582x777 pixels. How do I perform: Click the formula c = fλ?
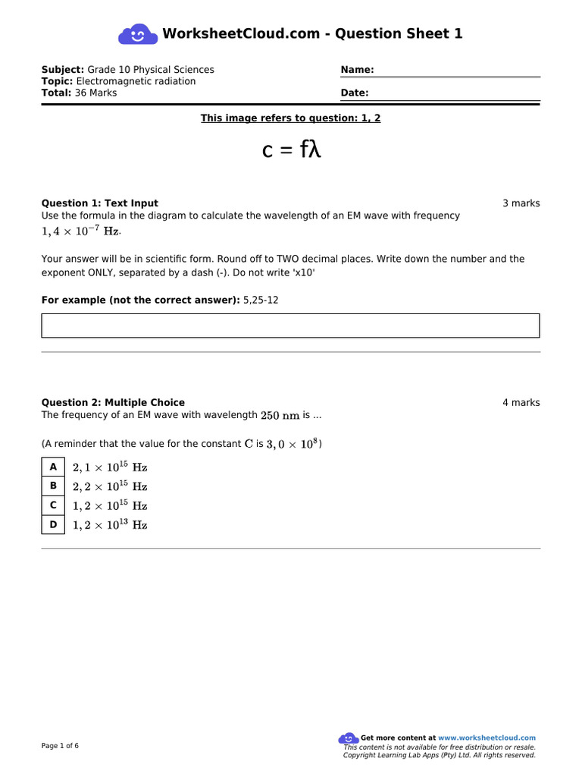click(x=292, y=150)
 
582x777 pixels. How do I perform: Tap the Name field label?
click(x=357, y=70)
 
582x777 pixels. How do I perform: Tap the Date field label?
click(x=355, y=93)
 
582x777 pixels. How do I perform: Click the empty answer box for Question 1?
click(x=290, y=326)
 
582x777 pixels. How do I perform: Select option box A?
click(x=53, y=467)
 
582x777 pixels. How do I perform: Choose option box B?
click(x=53, y=486)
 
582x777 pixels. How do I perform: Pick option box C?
click(x=53, y=505)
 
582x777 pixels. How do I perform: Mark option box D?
click(x=53, y=524)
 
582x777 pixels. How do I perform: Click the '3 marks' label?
click(x=521, y=203)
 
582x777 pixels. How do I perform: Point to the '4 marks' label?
click(x=521, y=403)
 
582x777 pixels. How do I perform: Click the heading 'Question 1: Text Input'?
click(x=99, y=203)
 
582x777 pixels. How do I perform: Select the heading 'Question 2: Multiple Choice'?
click(x=113, y=403)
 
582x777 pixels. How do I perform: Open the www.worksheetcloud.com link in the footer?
click(x=487, y=738)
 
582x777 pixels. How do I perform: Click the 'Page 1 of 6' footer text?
click(x=60, y=746)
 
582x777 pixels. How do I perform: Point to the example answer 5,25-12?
click(x=261, y=300)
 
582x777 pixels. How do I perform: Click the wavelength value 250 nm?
click(x=280, y=416)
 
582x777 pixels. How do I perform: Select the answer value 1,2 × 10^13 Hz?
click(x=110, y=525)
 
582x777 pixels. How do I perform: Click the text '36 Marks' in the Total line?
click(x=96, y=93)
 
